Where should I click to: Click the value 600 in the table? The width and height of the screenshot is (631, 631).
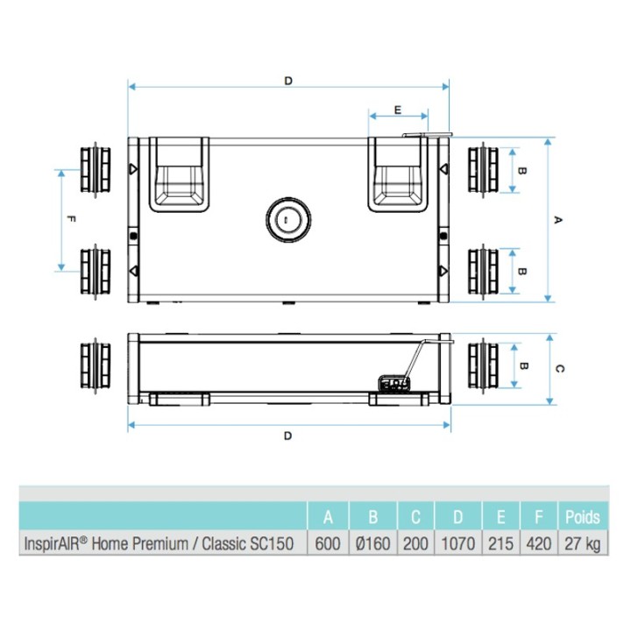(327, 544)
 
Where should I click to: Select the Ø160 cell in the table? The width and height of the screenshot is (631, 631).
(372, 544)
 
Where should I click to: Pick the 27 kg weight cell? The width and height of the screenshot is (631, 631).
(582, 544)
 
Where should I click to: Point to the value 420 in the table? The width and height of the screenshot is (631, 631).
(538, 544)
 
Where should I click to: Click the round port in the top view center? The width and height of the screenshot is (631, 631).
(286, 218)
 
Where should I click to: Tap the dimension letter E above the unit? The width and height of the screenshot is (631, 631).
(397, 110)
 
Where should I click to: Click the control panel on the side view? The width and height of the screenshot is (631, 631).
(395, 384)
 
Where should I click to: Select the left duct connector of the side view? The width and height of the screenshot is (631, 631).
(95, 364)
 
